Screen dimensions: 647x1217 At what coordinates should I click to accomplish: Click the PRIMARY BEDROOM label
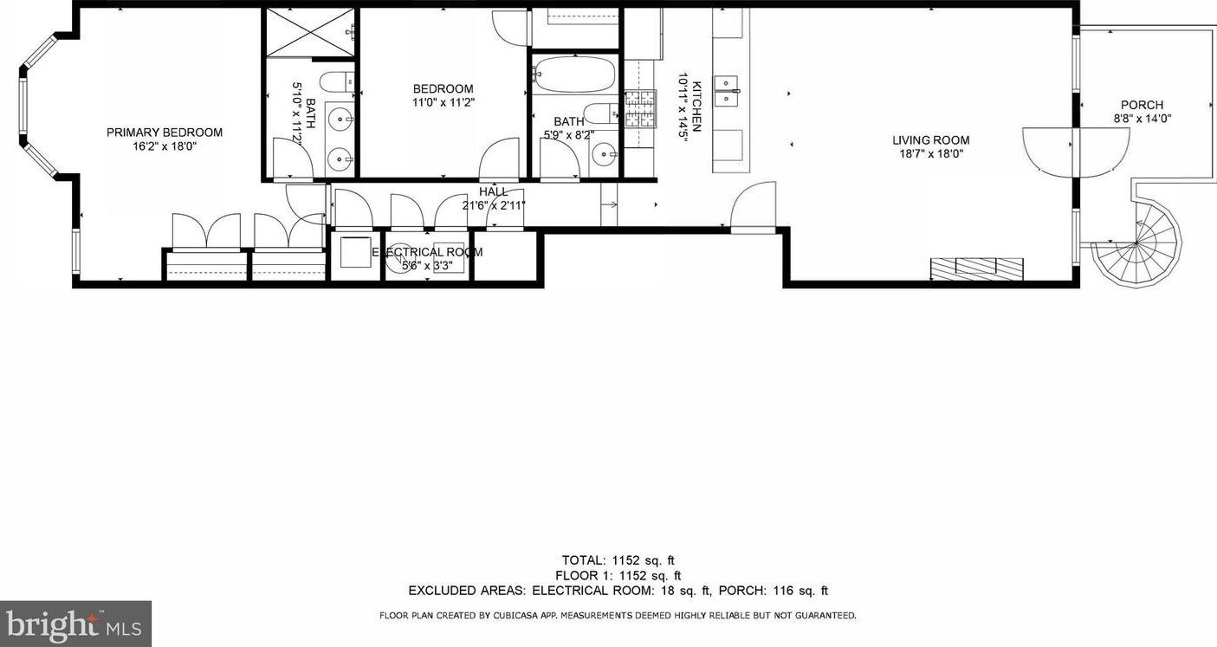coord(165,133)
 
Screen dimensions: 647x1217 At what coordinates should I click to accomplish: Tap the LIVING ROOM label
coord(931,140)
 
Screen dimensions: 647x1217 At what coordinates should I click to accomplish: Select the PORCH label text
coord(1142,105)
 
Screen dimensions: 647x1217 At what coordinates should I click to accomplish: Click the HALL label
coord(494,192)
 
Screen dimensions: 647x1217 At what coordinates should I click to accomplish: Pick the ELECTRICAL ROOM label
coord(427,252)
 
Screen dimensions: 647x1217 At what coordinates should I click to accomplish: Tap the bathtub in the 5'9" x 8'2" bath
coord(574,75)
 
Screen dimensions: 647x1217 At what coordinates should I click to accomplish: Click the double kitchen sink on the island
coord(727,90)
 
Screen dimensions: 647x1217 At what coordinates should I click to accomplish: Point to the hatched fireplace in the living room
coord(976,268)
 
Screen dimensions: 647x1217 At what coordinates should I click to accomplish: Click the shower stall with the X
coord(310,33)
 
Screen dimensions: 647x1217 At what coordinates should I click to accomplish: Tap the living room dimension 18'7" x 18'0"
coord(931,154)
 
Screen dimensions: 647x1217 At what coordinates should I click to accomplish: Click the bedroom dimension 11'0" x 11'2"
coord(443,102)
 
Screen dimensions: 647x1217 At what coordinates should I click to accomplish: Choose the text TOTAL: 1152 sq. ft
coord(618,560)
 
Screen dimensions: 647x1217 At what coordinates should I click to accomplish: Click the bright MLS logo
coord(75,624)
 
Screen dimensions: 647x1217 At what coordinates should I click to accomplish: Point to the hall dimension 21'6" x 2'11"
coord(494,205)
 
